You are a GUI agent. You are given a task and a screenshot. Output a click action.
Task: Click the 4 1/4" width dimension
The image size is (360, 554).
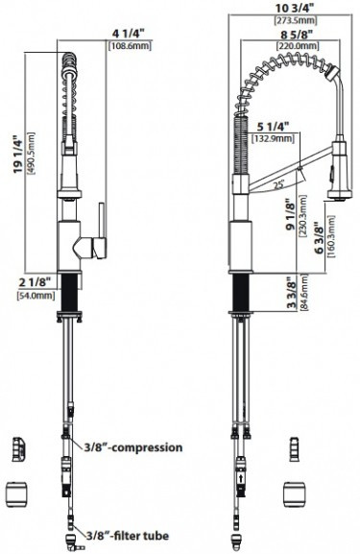(129, 34)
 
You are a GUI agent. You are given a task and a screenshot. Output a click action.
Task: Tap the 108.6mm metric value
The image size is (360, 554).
(130, 46)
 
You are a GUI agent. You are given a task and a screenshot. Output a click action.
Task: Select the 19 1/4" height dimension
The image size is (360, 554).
(17, 154)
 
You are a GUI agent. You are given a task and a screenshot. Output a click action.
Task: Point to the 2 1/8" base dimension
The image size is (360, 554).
(35, 282)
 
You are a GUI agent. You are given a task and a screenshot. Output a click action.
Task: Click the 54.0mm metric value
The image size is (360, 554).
(36, 296)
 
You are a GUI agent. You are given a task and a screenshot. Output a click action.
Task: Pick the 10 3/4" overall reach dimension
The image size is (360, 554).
(296, 8)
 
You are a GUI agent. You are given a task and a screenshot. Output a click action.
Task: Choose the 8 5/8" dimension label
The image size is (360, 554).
(297, 35)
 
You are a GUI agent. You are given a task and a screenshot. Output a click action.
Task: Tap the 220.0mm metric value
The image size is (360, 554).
(297, 46)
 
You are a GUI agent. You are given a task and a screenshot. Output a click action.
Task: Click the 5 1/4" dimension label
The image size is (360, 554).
(273, 126)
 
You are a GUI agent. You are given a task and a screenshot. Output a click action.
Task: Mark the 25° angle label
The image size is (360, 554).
(279, 184)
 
